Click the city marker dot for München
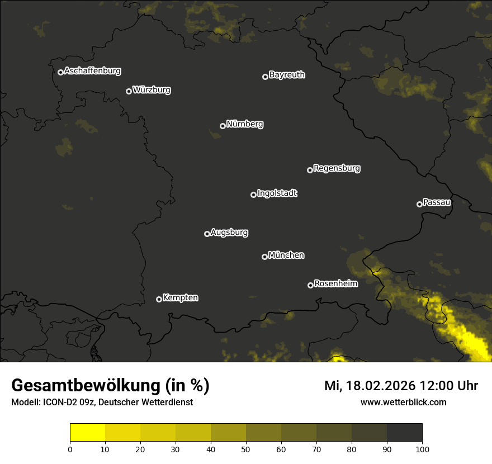264,257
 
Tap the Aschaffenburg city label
92,71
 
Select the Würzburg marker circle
129,91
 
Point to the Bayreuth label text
287,75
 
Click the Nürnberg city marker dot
223,126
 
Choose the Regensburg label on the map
337,168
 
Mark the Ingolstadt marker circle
253,195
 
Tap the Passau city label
437,202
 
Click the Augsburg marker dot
207,234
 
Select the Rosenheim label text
335,284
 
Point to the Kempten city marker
159,299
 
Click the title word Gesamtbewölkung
84,386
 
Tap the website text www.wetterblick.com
403,402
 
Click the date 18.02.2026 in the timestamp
381,386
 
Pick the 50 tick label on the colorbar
246,449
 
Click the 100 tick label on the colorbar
422,449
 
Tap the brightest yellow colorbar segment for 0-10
88,433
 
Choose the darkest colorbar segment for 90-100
404,433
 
